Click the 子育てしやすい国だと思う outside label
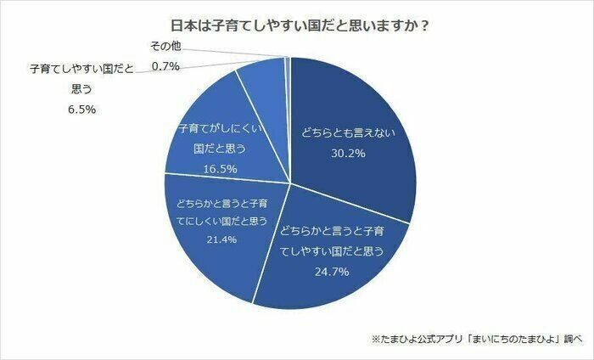coord(81,77)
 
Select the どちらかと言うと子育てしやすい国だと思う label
coord(333,240)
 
